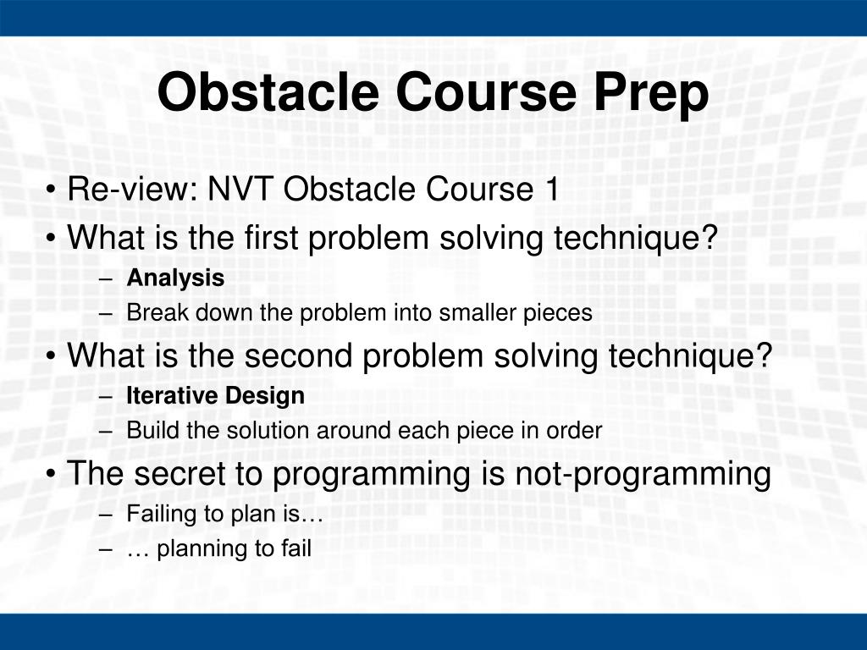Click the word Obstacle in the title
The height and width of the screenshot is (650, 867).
click(x=268, y=91)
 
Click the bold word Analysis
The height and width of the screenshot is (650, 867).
click(x=175, y=278)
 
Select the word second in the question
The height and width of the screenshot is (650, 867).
click(x=298, y=355)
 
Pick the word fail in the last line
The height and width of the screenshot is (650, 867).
click(x=296, y=548)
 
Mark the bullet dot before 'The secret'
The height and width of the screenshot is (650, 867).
click(x=51, y=474)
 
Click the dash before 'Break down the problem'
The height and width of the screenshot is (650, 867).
click(x=106, y=314)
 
